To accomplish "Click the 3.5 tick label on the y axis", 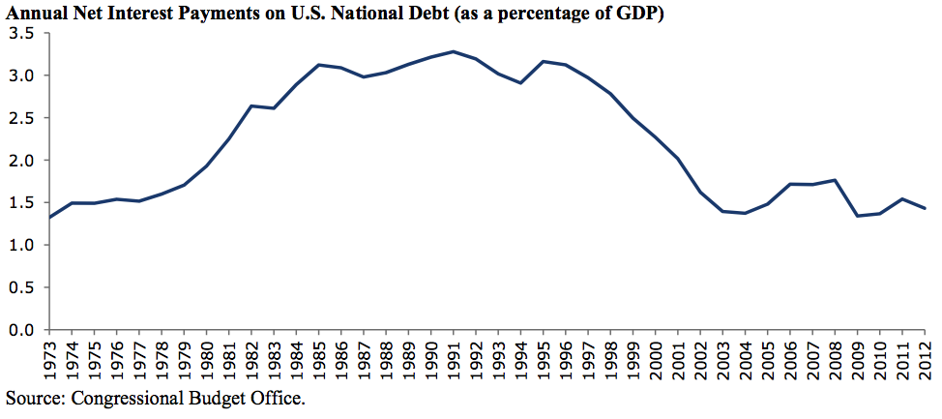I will point(22,33).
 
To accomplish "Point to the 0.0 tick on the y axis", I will point(22,330).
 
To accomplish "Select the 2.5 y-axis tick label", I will point(22,118).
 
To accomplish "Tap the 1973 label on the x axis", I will point(50,358).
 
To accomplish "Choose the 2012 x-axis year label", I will point(926,358).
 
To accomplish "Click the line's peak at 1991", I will point(454,51).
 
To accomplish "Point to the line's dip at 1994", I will point(521,83).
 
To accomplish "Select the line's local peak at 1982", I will point(251,105).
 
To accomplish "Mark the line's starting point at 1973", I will point(50,218).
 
